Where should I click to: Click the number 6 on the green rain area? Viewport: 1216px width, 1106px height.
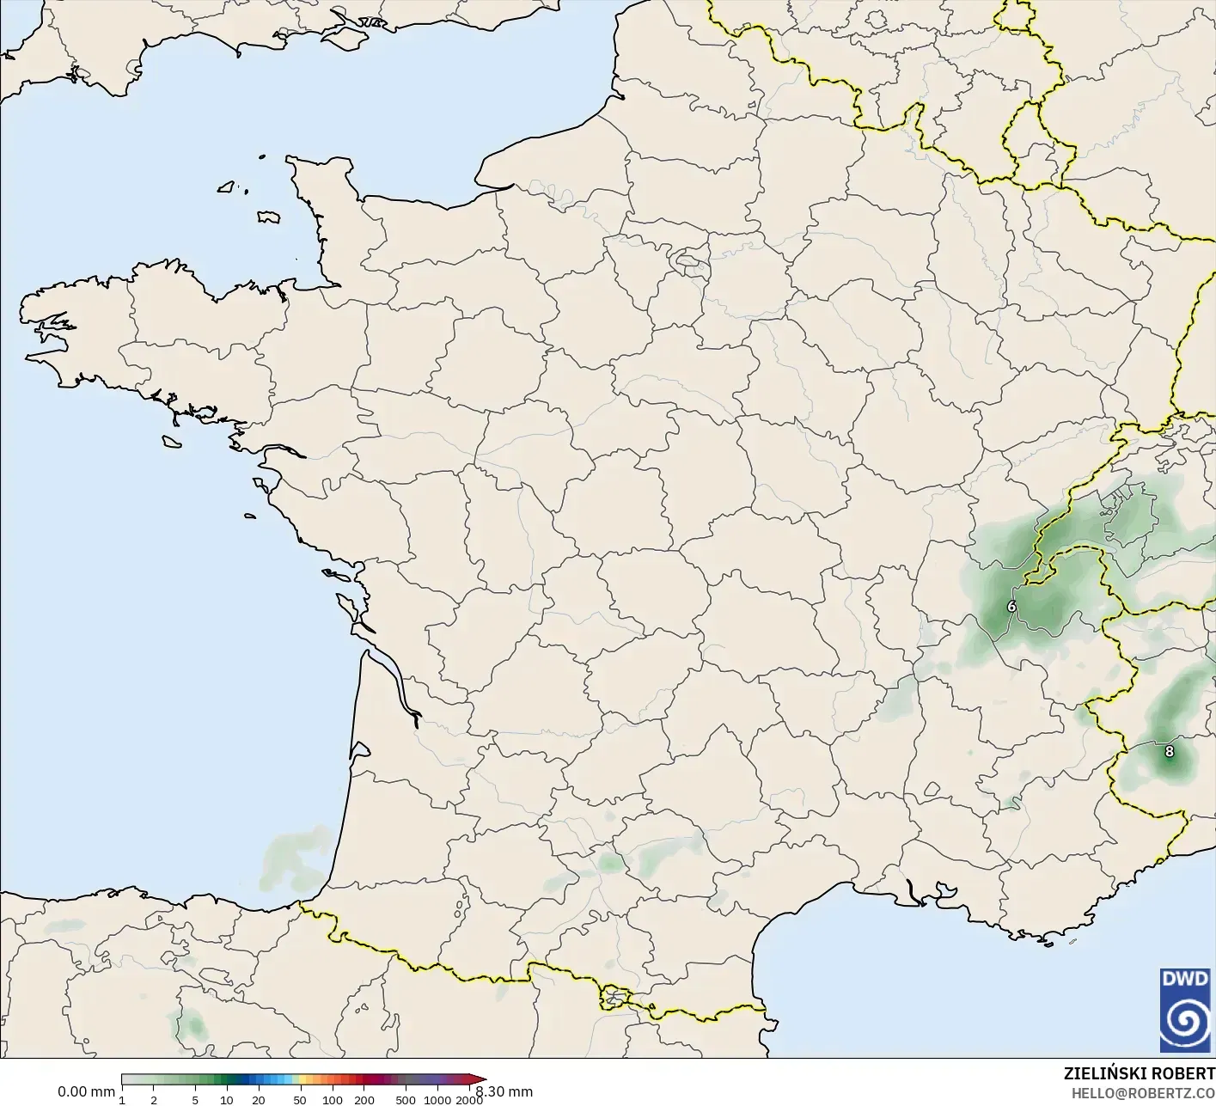pos(1011,607)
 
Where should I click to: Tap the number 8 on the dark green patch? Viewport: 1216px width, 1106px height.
pos(1169,752)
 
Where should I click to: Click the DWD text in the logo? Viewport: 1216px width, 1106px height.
pos(1185,978)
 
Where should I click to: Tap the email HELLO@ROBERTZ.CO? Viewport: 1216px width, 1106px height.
pos(1143,1094)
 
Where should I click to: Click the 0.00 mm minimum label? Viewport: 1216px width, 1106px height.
pos(86,1092)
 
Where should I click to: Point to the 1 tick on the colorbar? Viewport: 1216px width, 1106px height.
pos(122,1100)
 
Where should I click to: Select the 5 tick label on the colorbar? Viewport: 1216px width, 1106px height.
pos(195,1100)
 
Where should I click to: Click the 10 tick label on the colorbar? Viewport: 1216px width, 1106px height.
pos(227,1100)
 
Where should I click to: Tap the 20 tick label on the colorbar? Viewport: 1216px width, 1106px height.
pos(258,1100)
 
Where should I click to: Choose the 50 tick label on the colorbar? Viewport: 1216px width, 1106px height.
pos(300,1100)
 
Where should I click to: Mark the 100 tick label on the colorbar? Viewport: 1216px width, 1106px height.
pos(332,1100)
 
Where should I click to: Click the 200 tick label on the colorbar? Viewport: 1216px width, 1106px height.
pos(364,1100)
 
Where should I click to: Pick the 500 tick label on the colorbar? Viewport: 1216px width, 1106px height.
pos(406,1100)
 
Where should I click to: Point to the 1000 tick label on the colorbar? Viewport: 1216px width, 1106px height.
pos(437,1100)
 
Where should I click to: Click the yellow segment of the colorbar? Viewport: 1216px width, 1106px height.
pos(296,1080)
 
